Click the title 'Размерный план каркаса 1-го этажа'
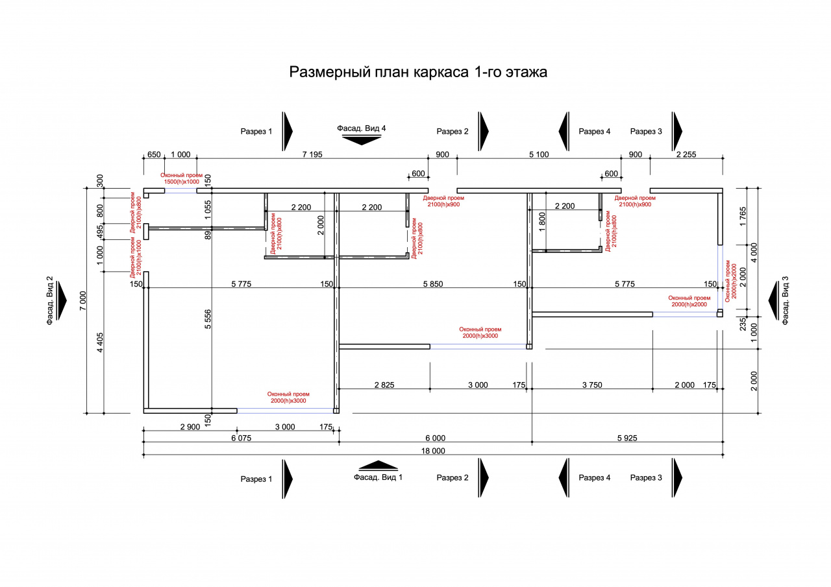418,72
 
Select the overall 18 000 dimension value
433,451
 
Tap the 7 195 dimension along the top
312,154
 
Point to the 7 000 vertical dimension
82,300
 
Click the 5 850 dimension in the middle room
433,284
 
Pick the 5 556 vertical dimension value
208,319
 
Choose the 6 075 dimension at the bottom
241,438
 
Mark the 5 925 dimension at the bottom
627,438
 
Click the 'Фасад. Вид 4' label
362,128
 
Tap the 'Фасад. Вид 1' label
378,477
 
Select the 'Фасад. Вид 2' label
50,300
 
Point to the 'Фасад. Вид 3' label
785,300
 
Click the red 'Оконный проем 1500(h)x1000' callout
181,178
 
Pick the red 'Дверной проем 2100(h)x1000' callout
136,258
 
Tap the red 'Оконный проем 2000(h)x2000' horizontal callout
689,301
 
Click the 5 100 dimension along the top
539,154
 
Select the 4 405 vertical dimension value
100,342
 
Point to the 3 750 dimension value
592,385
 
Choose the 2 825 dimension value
384,385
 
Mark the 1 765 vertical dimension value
743,217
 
